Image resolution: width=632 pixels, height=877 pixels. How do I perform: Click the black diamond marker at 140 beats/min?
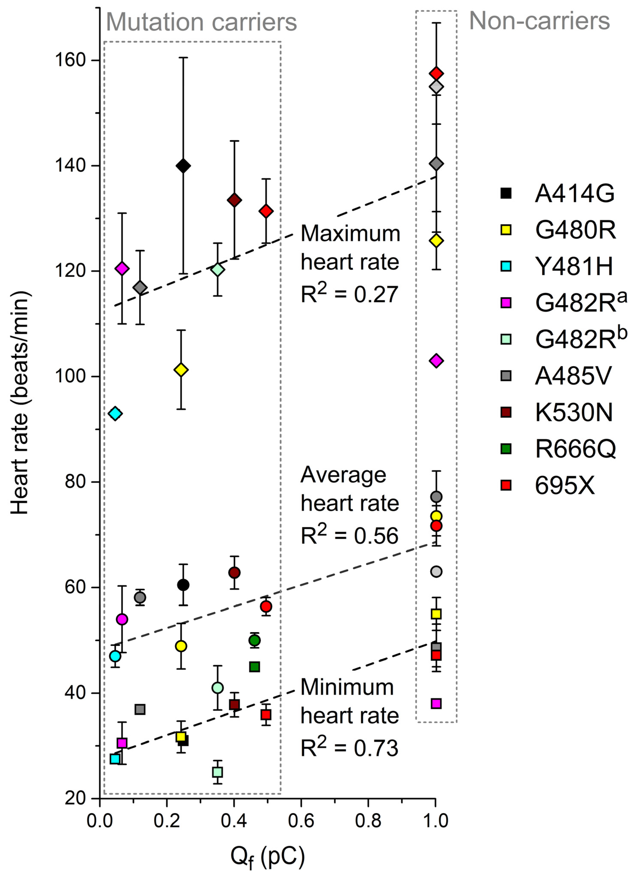pyautogui.click(x=183, y=166)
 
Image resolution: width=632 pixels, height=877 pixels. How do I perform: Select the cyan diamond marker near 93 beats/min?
pyautogui.click(x=115, y=413)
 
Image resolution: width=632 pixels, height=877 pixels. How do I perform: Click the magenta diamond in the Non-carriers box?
pyautogui.click(x=436, y=361)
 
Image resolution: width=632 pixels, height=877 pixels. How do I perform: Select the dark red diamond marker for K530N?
pyautogui.click(x=234, y=200)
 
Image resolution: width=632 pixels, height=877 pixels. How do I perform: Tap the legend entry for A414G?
pyautogui.click(x=557, y=193)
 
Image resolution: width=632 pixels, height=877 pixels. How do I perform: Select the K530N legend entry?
pyautogui.click(x=557, y=412)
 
